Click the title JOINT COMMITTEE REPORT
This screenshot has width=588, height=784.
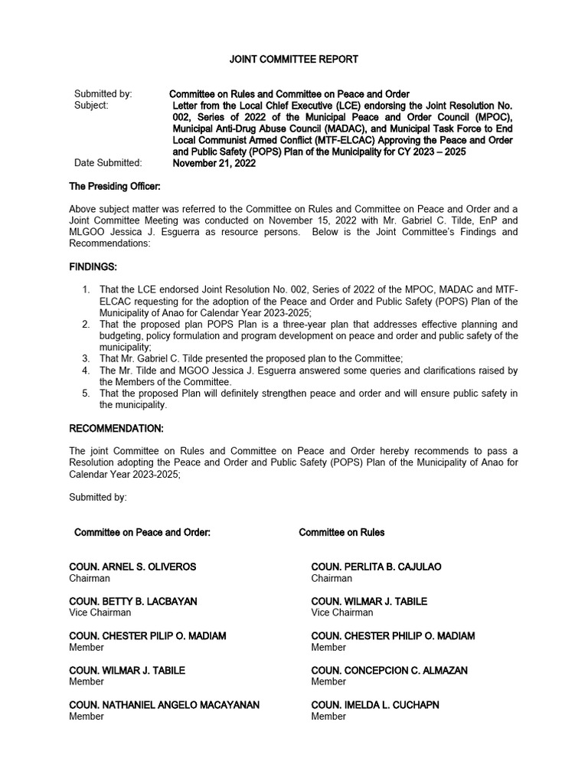click(x=294, y=59)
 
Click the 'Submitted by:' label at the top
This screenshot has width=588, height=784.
click(x=103, y=94)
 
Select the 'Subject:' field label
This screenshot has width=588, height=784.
click(x=92, y=106)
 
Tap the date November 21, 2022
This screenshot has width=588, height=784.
click(x=214, y=163)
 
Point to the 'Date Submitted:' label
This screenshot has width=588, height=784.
click(x=108, y=163)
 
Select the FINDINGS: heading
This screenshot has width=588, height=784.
click(x=93, y=266)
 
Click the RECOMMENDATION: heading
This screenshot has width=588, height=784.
click(x=116, y=428)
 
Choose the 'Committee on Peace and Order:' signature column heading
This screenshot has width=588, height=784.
click(x=142, y=532)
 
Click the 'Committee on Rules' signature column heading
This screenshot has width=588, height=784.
click(x=341, y=532)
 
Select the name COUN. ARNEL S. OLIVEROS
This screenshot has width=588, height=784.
click(x=132, y=567)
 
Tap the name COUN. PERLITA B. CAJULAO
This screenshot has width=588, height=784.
click(x=376, y=567)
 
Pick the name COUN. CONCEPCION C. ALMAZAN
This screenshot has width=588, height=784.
click(x=390, y=671)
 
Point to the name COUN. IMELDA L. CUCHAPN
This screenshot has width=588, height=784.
click(x=375, y=705)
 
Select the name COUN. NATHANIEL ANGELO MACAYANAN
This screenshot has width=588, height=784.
click(x=164, y=705)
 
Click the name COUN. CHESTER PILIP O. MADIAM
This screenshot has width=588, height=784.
click(x=148, y=636)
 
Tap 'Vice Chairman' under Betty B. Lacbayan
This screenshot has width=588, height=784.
click(x=100, y=612)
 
